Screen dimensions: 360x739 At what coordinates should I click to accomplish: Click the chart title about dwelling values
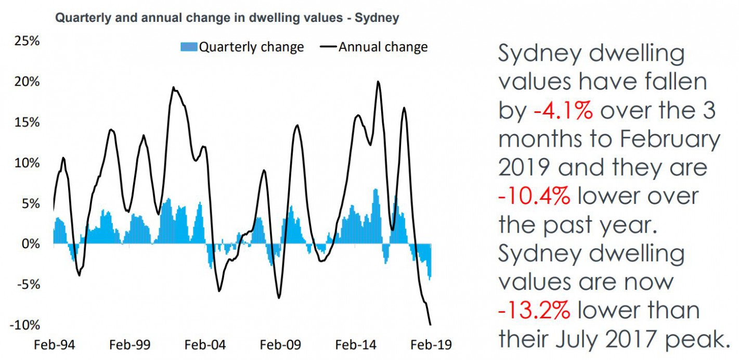[x=227, y=18]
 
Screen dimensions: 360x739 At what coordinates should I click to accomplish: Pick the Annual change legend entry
[x=383, y=47]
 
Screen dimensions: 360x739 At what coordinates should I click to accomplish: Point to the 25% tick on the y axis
[x=27, y=41]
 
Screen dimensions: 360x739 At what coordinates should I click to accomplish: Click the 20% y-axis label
[x=27, y=82]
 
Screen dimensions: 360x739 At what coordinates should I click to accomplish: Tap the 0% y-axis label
[x=30, y=244]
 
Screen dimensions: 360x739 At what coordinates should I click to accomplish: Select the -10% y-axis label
[x=24, y=325]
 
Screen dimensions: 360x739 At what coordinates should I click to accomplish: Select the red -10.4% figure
[x=534, y=196]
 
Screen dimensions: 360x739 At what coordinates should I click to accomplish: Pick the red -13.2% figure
[x=534, y=311]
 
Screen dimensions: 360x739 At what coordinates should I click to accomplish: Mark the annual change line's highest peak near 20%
[x=378, y=82]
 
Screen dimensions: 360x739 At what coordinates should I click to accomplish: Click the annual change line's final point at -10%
[x=430, y=325]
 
